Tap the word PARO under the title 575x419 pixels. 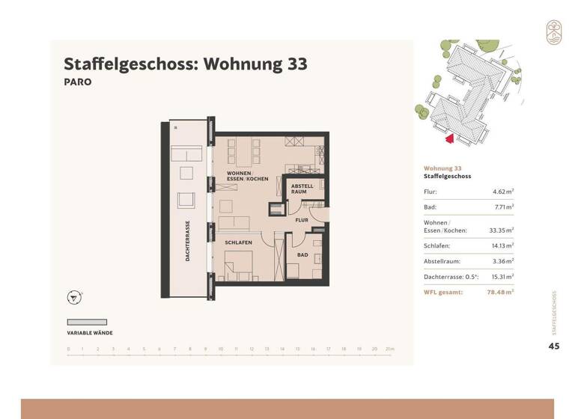coord(78,82)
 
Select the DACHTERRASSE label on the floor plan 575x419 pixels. coord(188,240)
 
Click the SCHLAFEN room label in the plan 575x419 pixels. coord(238,243)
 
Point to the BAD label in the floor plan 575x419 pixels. coord(302,255)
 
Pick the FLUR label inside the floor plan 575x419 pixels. coord(302,221)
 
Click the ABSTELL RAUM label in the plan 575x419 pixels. coord(302,189)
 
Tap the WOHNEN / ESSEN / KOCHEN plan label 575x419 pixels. coord(248,177)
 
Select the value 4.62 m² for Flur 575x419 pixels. coord(501,192)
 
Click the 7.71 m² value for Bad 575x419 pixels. coord(501,207)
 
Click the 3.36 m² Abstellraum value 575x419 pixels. coord(501,261)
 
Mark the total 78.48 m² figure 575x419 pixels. coord(499,293)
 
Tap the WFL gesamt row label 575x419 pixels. coord(443,293)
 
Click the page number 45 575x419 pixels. coord(554,346)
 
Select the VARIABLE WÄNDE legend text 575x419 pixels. coord(90,333)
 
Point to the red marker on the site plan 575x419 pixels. coord(449,137)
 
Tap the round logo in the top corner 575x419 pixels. coord(553,32)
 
